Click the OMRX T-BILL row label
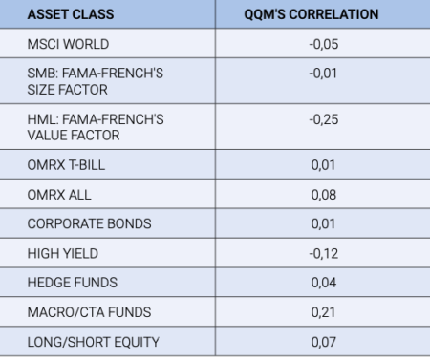[66, 166]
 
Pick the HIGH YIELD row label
[63, 253]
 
